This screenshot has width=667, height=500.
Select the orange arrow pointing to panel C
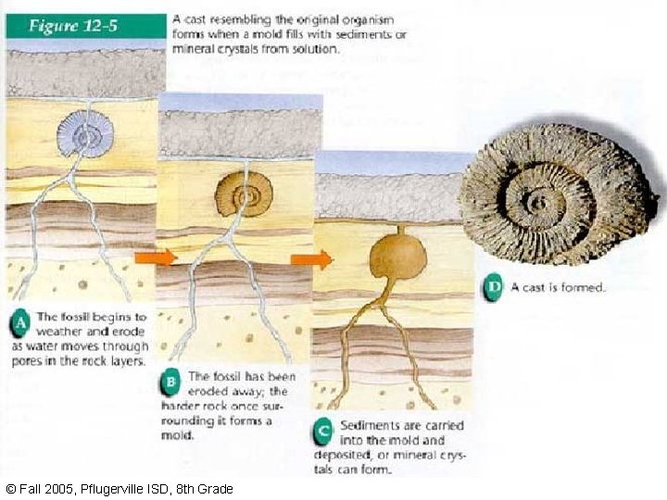click(x=311, y=260)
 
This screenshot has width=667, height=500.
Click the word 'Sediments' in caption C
click(x=372, y=425)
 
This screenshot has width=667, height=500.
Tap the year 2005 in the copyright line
click(x=44, y=489)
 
